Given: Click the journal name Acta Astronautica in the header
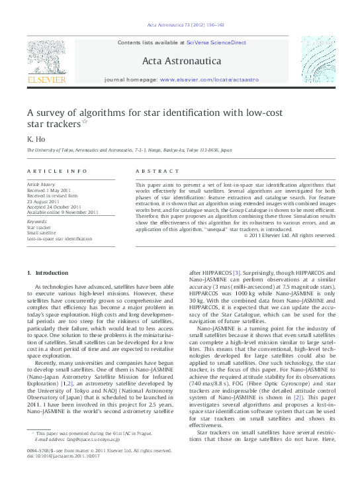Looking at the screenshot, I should (181, 62).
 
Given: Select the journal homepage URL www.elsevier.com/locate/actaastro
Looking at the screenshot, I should (209, 79).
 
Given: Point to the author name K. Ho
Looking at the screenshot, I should (34, 139).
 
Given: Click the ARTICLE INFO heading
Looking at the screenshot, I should (57, 172).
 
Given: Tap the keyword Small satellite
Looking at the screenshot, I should (41, 233).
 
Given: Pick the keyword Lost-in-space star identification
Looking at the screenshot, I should (60, 238).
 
